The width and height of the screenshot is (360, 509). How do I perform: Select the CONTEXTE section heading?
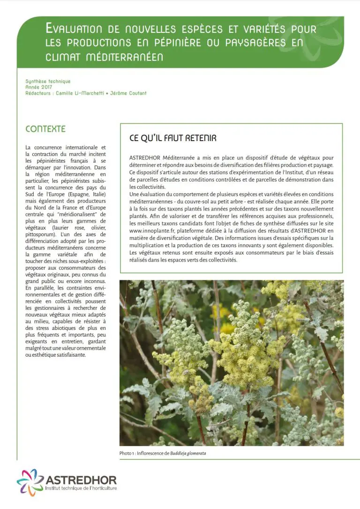point(45,129)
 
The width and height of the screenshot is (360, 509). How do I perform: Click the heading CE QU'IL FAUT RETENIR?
point(172,139)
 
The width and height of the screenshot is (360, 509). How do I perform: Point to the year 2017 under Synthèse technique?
point(46,87)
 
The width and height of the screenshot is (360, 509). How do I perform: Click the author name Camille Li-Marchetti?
point(80,93)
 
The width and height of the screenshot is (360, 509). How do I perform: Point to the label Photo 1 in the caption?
point(128,454)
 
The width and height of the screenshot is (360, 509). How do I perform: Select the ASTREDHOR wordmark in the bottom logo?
point(81,479)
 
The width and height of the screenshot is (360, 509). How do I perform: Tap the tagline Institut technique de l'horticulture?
point(81,488)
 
